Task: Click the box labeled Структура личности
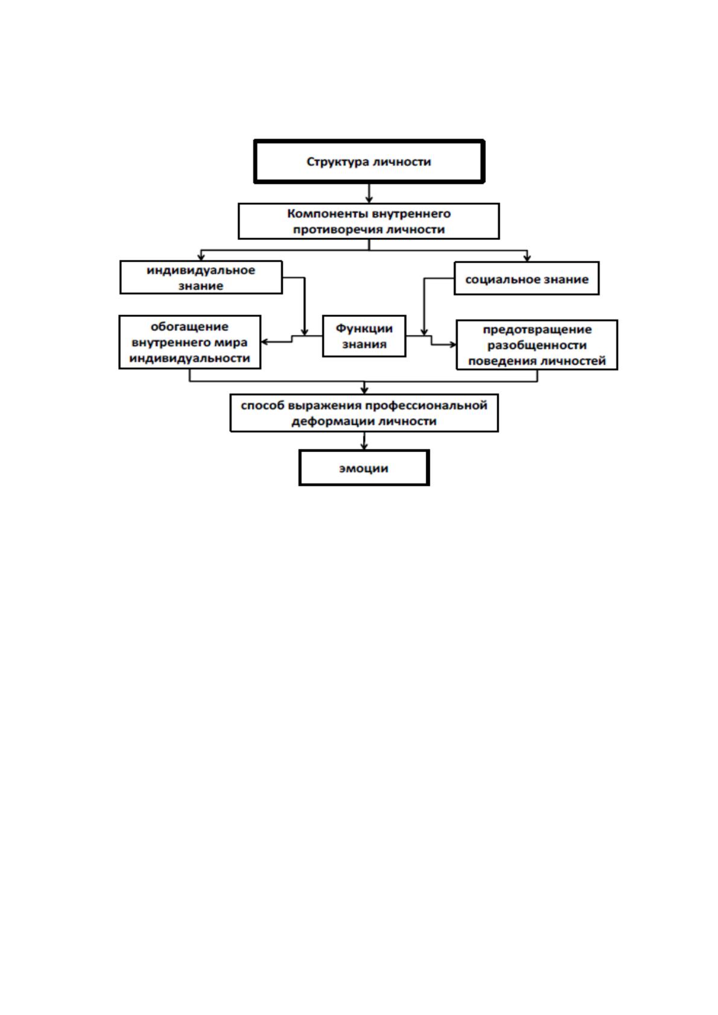(369, 162)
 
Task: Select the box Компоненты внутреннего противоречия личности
(368, 221)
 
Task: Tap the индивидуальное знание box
(201, 277)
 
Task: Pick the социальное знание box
(526, 278)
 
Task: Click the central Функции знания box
(364, 336)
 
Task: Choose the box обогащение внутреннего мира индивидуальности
(189, 342)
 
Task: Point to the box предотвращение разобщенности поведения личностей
(537, 345)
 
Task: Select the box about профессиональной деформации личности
(364, 413)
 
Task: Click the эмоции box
(364, 468)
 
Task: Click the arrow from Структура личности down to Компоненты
(369, 193)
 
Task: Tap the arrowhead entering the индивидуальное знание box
(201, 257)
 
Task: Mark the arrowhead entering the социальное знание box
(527, 258)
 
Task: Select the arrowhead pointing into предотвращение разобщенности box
(452, 345)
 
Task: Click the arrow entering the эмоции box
(364, 441)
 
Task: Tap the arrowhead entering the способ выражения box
(364, 390)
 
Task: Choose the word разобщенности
(537, 345)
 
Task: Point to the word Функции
(364, 328)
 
